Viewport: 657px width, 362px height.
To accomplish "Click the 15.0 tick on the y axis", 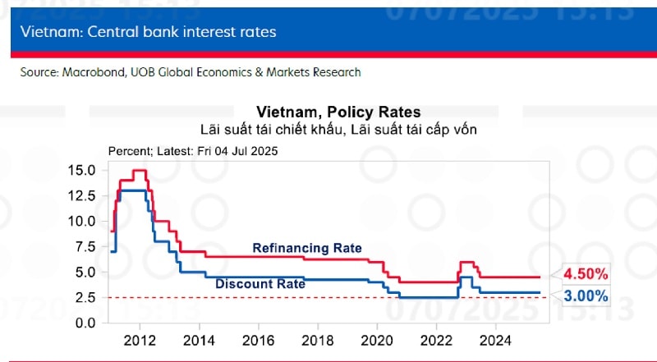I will [x=84, y=171].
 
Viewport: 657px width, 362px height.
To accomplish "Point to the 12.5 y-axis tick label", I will [x=84, y=196].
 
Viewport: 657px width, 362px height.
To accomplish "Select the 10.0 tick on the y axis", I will [x=84, y=222].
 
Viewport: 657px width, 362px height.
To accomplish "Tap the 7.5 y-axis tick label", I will [x=87, y=247].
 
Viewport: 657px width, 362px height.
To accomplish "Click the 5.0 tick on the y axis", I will [x=87, y=273].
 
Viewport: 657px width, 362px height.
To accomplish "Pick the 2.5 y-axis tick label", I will [x=87, y=297].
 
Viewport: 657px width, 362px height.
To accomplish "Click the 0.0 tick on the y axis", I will [x=87, y=323].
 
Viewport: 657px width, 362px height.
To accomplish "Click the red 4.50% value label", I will [x=585, y=273].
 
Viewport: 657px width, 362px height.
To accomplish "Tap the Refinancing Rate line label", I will [x=306, y=248].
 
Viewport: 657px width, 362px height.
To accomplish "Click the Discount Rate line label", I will [x=260, y=284].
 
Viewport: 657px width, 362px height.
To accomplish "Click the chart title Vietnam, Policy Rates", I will [x=338, y=112].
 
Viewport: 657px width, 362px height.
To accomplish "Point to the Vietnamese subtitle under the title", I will [x=338, y=129].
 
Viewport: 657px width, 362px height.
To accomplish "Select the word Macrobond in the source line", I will [x=90, y=72].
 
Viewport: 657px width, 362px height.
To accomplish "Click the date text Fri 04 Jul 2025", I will [x=237, y=151].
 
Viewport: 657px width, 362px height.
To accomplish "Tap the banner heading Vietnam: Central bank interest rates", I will [x=149, y=32].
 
